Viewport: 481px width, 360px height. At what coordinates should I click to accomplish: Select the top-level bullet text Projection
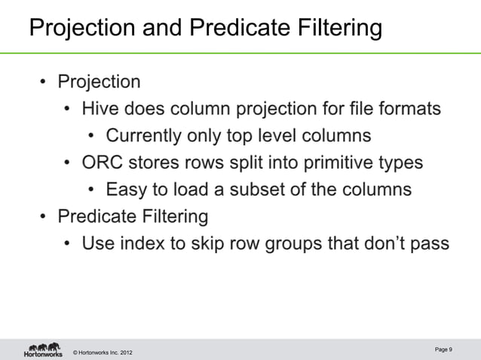tap(99, 81)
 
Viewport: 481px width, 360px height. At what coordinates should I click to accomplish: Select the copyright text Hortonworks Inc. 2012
tap(104, 353)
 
